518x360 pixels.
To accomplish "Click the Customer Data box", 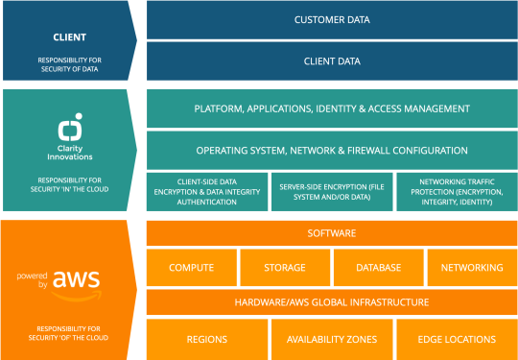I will (x=331, y=19).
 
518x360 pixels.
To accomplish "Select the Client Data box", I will (x=331, y=60).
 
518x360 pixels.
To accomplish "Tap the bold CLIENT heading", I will (x=69, y=38).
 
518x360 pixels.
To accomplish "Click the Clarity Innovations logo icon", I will (x=69, y=128).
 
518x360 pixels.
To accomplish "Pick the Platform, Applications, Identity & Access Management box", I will (x=331, y=108).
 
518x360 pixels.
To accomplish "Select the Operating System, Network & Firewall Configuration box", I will (x=331, y=151).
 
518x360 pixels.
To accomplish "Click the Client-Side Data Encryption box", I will (x=205, y=191).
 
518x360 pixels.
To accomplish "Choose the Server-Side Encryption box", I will (x=330, y=191).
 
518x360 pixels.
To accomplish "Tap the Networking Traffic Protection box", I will (x=455, y=191).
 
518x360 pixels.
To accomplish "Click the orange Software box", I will (x=331, y=233).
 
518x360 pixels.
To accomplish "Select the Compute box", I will (x=191, y=268).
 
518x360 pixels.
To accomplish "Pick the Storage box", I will (x=284, y=268).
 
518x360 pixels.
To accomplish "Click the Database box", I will (x=377, y=268).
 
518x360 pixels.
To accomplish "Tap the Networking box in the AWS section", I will (x=471, y=268).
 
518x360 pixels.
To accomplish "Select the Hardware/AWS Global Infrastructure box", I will (x=331, y=302).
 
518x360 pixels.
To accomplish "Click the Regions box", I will (x=206, y=339).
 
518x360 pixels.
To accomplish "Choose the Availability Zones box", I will (x=331, y=339).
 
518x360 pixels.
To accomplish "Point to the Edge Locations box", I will (x=455, y=339).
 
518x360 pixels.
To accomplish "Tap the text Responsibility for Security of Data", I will (x=69, y=66).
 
